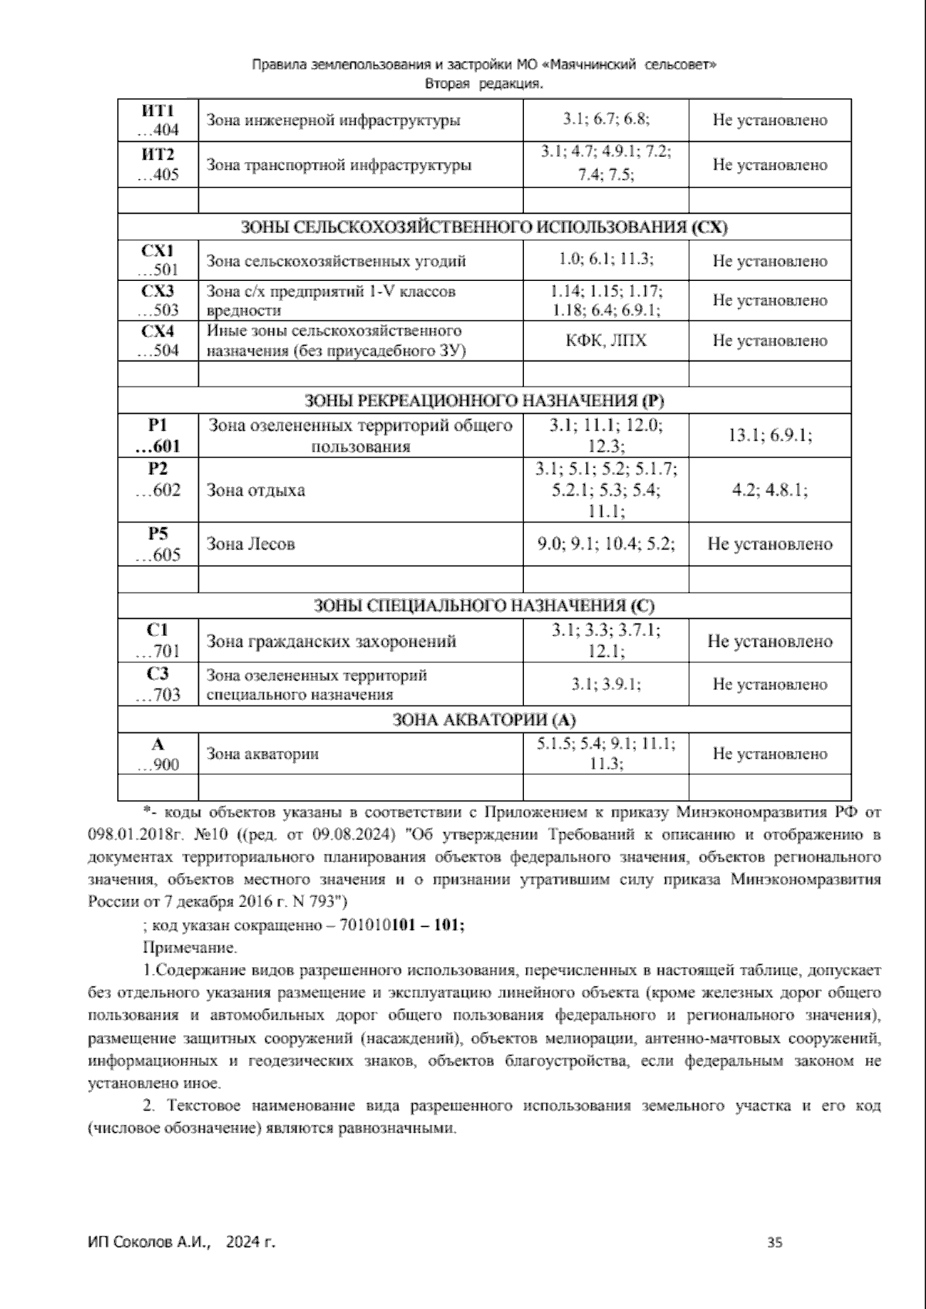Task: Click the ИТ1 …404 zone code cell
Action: tap(157, 120)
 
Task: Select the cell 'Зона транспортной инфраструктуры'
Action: tap(339, 165)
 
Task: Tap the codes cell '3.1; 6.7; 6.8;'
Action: tap(606, 120)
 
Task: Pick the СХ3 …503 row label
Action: tap(157, 300)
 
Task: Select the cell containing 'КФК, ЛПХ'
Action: tap(606, 340)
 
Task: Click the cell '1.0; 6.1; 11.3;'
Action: tap(606, 260)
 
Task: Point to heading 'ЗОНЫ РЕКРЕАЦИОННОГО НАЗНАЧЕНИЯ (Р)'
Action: tap(484, 401)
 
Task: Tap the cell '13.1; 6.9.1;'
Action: tap(769, 435)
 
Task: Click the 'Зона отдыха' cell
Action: tap(255, 490)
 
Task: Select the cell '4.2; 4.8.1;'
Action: tap(769, 490)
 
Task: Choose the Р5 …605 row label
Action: tap(157, 544)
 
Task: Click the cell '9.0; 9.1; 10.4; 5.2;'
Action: tap(606, 544)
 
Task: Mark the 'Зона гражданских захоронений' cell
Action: tap(331, 641)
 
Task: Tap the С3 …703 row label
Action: tap(157, 684)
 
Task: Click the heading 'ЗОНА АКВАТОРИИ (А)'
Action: tap(484, 720)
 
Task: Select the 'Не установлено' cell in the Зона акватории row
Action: tap(769, 754)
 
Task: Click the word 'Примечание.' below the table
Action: tap(190, 947)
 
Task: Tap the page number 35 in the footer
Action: tap(775, 1243)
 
